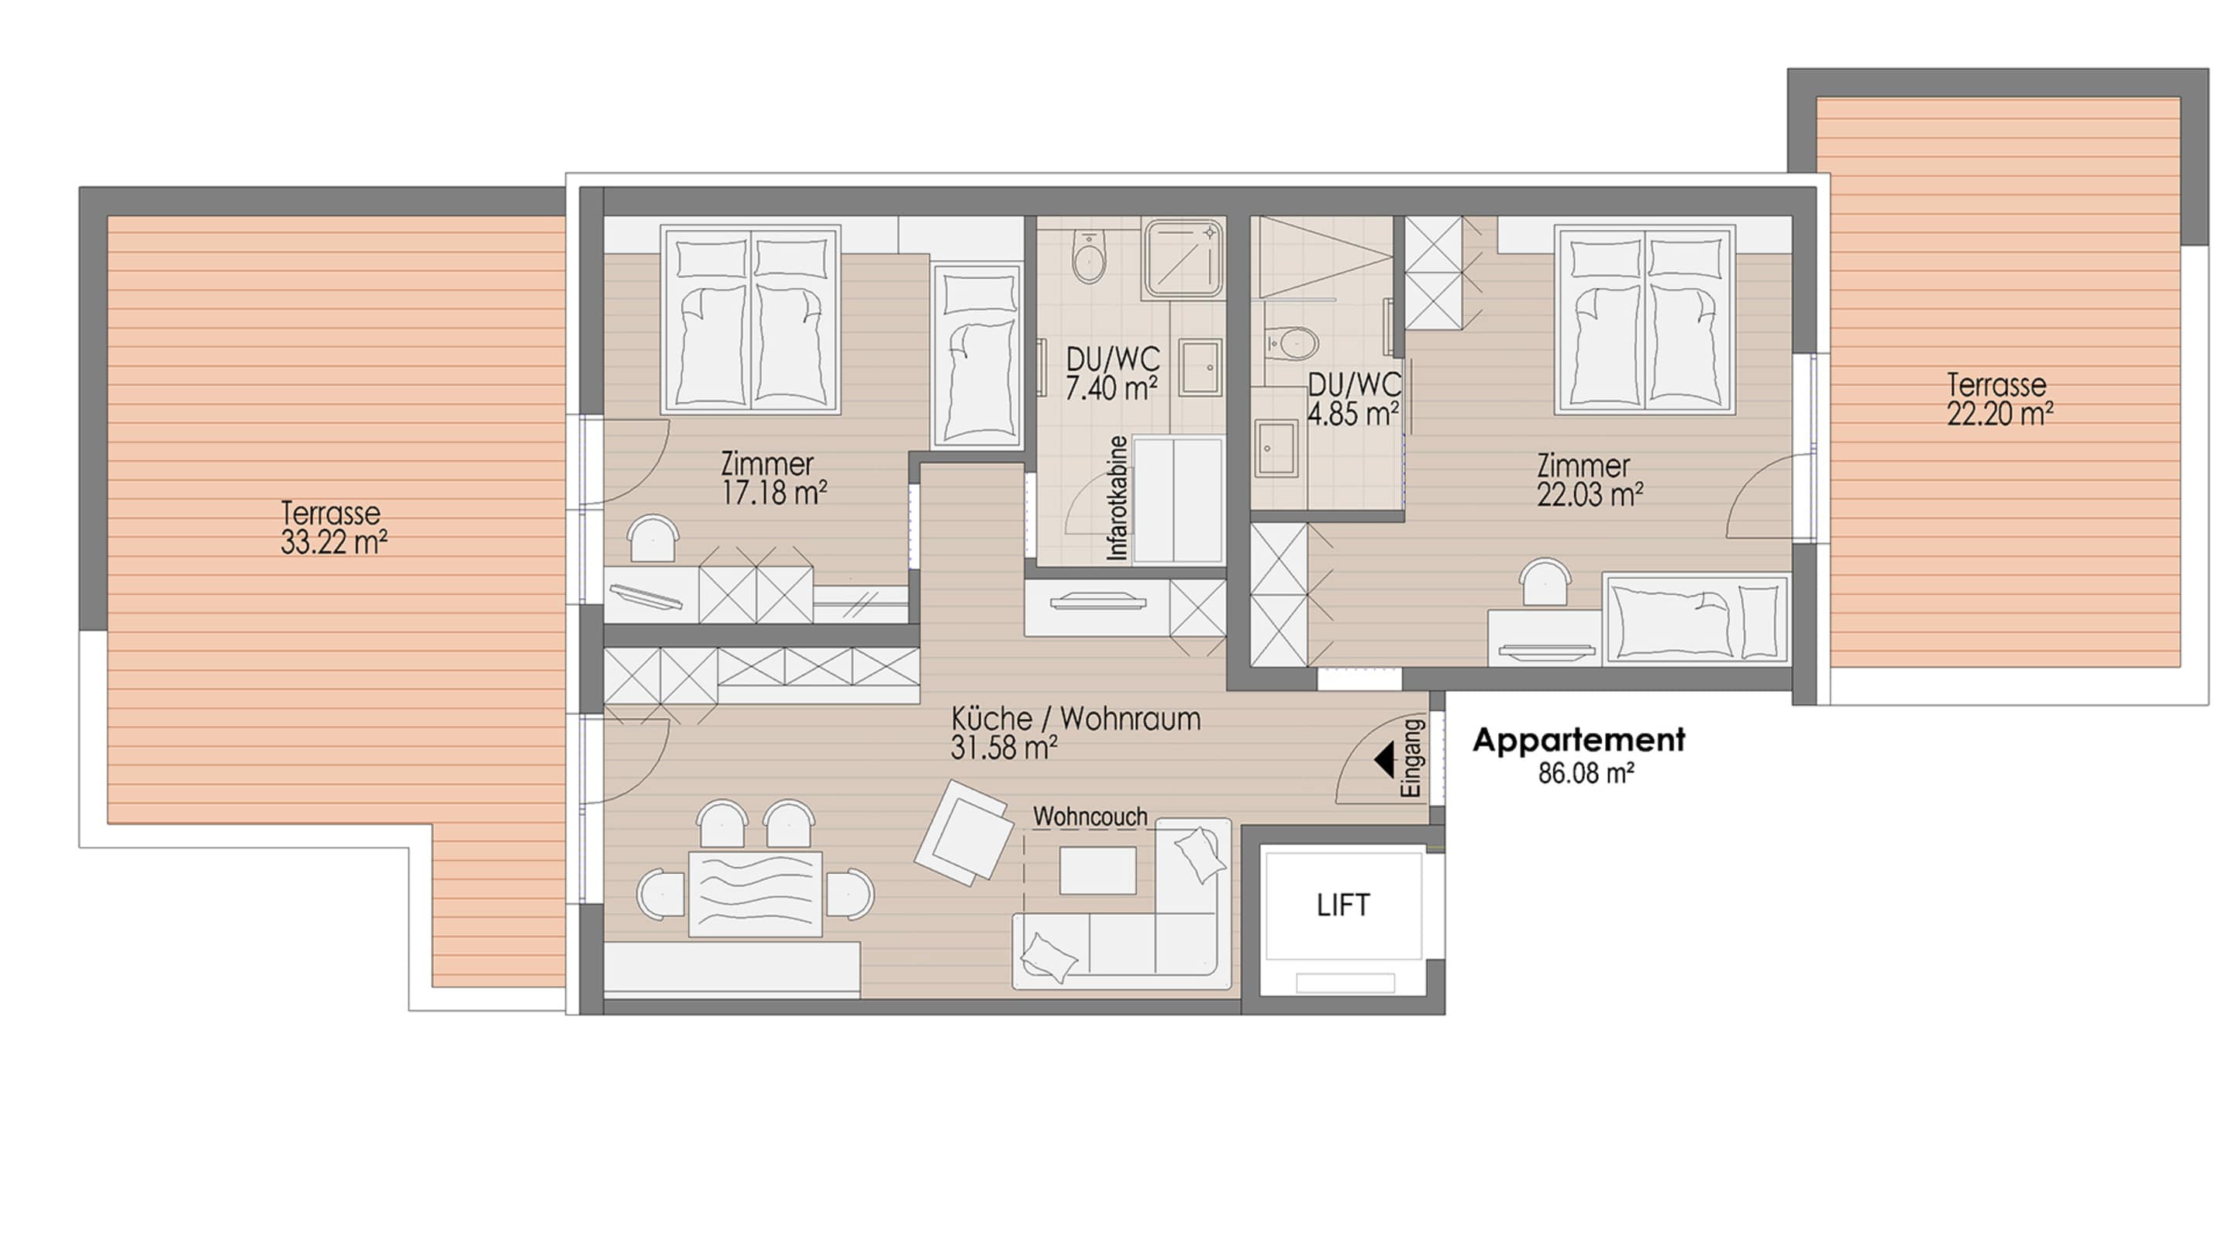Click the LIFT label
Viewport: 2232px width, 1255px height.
pos(1342,905)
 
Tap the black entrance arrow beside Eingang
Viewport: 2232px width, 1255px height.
pos(1383,759)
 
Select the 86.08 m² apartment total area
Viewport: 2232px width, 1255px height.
pos(1586,773)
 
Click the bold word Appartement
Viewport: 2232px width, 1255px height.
pos(1579,741)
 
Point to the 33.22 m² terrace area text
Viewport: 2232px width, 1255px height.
pos(333,543)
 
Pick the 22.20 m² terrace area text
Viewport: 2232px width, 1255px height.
pos(1999,414)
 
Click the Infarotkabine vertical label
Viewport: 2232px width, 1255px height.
pos(1118,498)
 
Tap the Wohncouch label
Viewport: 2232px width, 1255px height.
pos(1090,817)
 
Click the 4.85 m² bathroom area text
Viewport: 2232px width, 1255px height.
pos(1353,414)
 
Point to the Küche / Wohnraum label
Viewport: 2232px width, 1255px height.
pos(1075,719)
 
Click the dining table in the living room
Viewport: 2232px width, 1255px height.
pos(756,894)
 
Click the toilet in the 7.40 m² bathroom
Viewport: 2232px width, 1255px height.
pos(1088,256)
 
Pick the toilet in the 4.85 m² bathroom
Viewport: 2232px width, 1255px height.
pos(1290,344)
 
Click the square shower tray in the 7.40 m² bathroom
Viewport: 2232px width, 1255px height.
pos(1183,257)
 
